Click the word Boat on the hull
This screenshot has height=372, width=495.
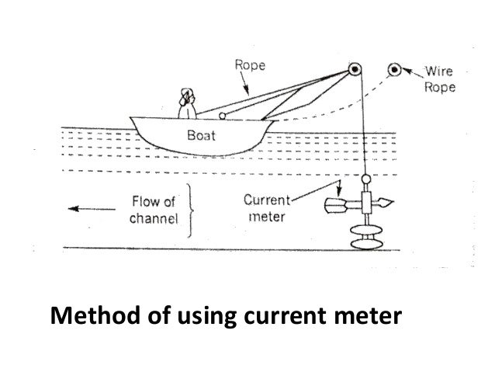(x=200, y=134)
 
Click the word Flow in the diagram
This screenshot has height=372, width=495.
(x=146, y=201)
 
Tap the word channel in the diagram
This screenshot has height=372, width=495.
(x=152, y=217)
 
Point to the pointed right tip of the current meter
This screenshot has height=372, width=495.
(x=395, y=206)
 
